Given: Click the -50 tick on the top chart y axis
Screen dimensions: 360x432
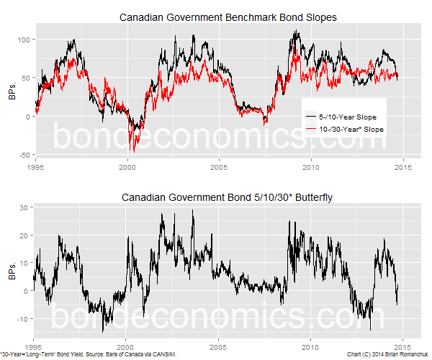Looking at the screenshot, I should click(25, 155).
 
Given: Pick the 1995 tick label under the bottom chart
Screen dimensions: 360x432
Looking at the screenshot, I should click(35, 345).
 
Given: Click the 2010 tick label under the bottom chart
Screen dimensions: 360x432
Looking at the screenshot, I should click(310, 345).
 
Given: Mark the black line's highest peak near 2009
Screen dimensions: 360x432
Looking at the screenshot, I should click(296, 31).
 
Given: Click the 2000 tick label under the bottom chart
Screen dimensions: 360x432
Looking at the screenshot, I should click(127, 345).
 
